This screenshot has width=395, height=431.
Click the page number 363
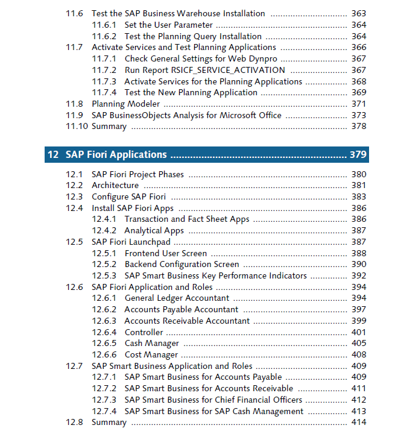click(359, 13)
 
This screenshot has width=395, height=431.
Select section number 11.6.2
click(104, 36)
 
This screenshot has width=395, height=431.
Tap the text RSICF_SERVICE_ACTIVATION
click(228, 71)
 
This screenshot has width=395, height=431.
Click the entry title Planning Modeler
click(125, 104)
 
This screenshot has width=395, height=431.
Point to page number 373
click(359, 115)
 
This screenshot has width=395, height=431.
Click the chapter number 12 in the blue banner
click(53, 154)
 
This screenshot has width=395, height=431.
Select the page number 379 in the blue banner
click(358, 154)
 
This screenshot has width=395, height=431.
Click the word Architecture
click(115, 185)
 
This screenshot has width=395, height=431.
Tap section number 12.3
click(74, 197)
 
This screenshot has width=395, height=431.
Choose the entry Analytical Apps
click(154, 231)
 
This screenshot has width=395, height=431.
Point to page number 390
click(359, 264)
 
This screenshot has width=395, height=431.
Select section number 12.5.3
click(104, 275)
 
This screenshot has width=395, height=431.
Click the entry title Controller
click(144, 332)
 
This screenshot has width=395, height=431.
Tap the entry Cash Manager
click(152, 344)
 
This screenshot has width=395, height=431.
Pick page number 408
click(359, 354)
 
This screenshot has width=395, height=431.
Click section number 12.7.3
click(104, 400)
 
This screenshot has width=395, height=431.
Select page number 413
click(359, 411)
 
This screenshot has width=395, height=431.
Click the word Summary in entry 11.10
click(109, 127)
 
